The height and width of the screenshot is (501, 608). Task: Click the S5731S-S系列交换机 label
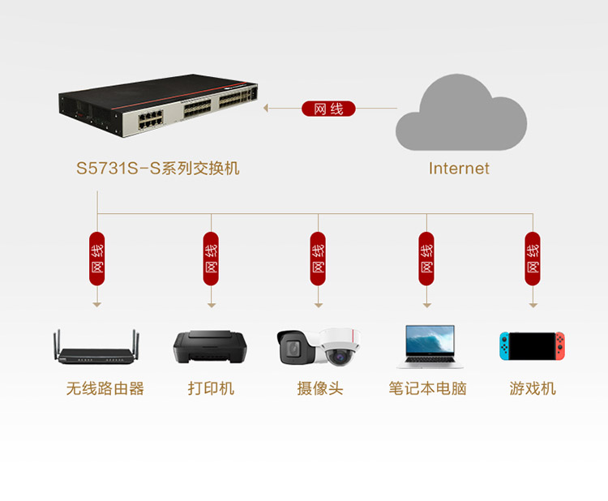pyautogui.click(x=158, y=169)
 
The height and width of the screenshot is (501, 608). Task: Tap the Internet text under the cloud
pyautogui.click(x=459, y=169)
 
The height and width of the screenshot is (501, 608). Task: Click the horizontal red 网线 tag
pyautogui.click(x=328, y=109)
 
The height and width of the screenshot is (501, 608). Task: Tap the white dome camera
pyautogui.click(x=340, y=347)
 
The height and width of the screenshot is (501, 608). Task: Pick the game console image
pyautogui.click(x=532, y=346)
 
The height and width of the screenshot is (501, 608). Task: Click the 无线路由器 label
pyautogui.click(x=105, y=389)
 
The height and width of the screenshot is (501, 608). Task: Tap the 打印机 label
pyautogui.click(x=211, y=389)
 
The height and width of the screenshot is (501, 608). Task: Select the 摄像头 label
pyautogui.click(x=320, y=389)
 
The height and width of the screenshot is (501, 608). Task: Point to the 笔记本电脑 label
pyautogui.click(x=427, y=389)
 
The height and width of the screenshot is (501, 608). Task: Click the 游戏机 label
pyautogui.click(x=533, y=389)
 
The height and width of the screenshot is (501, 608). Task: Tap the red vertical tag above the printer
pyautogui.click(x=211, y=259)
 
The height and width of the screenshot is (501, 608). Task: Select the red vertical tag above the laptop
pyautogui.click(x=426, y=259)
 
